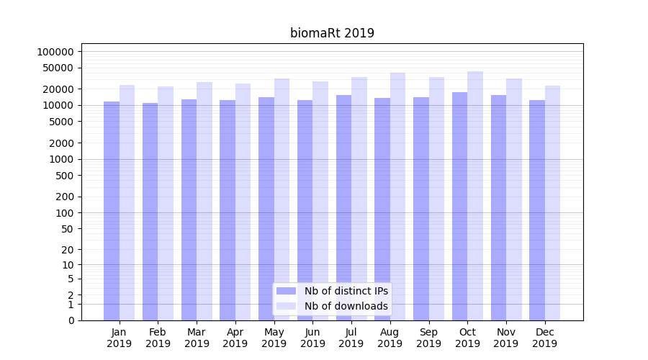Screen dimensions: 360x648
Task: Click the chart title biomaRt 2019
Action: coord(332,33)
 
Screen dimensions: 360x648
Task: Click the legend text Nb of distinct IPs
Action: coord(346,291)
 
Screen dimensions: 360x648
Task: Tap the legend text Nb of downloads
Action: coord(346,306)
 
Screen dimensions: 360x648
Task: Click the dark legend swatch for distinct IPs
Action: coord(287,291)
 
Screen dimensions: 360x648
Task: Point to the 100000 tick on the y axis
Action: coord(55,52)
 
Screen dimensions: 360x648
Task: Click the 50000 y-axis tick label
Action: coord(58,68)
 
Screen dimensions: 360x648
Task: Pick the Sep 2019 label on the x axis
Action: coord(428,338)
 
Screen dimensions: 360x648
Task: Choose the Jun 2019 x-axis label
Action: coord(312,338)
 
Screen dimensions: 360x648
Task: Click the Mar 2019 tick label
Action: coord(197,338)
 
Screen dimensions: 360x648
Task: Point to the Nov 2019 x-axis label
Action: coord(506,338)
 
